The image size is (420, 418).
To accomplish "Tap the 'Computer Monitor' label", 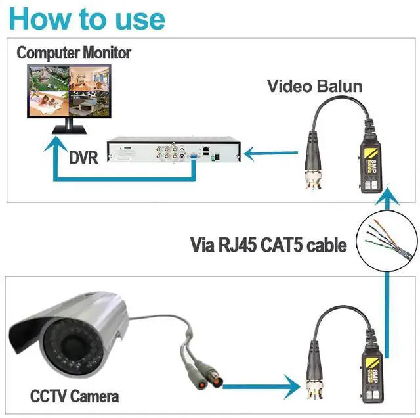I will click(74, 52).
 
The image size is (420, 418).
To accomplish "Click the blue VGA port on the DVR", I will click(194, 157).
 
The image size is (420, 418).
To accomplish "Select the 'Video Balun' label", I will click(314, 86).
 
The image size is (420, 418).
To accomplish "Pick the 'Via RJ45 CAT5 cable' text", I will click(268, 246).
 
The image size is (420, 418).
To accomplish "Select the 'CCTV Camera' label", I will click(74, 396).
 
